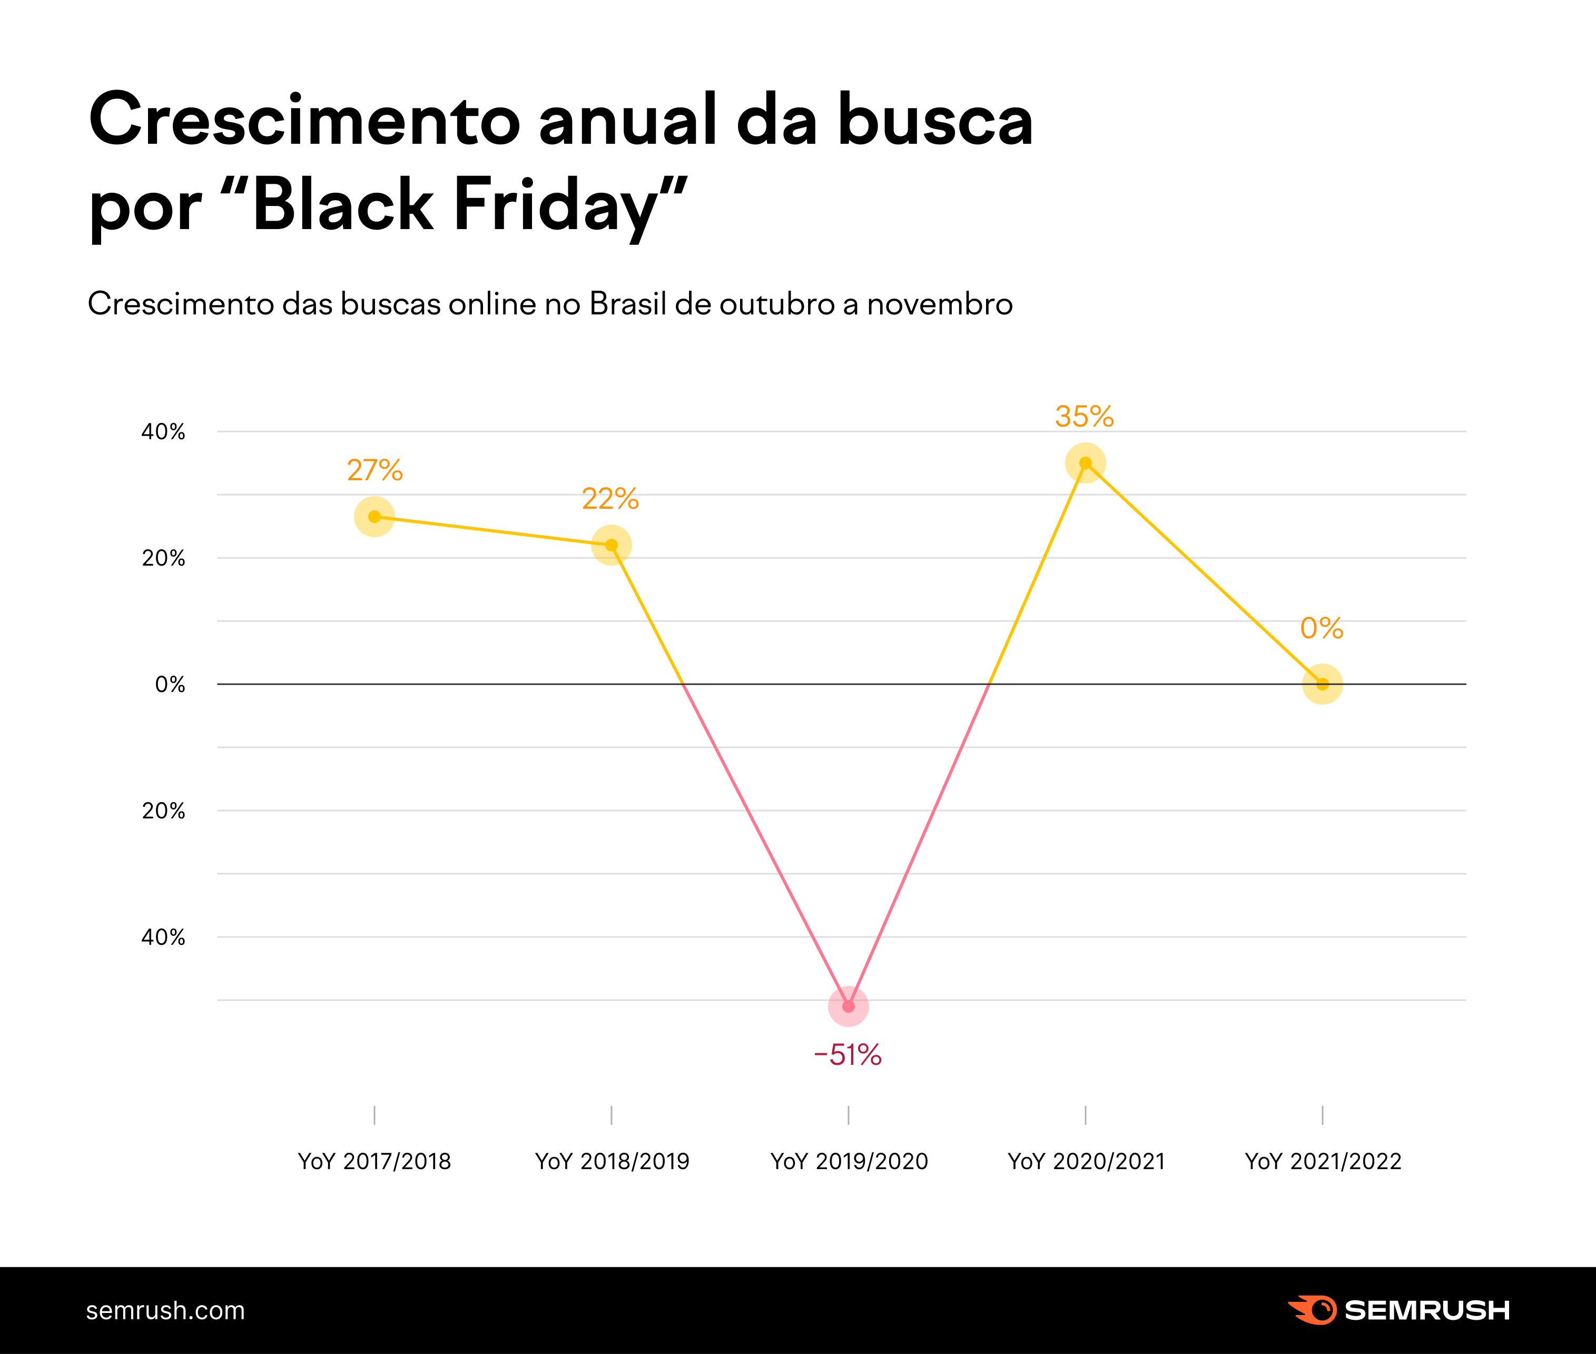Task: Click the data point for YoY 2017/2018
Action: coord(374,517)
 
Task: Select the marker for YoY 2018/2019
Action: coord(611,545)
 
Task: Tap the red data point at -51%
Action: coord(848,1005)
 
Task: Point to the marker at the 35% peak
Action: coord(1085,463)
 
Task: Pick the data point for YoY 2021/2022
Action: coord(1322,684)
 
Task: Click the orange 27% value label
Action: coord(375,470)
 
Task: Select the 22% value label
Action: coord(610,499)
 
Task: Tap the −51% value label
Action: coord(848,1055)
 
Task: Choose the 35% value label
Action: coord(1084,417)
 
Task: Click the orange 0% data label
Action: coord(1321,629)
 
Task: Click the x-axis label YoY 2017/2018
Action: coord(375,1161)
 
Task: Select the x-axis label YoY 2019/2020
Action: coord(849,1161)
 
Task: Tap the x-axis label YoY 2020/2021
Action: coord(1086,1161)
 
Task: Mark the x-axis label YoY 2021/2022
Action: coord(1323,1161)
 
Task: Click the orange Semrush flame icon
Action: coord(1311,1310)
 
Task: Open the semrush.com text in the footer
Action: coord(165,1311)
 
